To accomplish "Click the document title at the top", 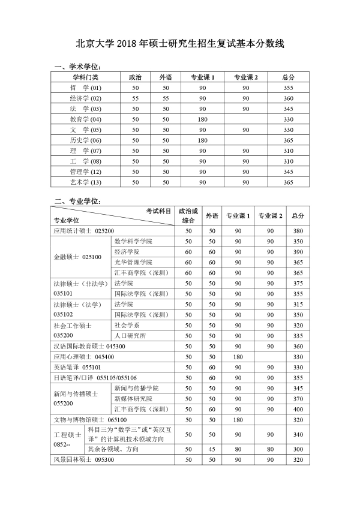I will click(180, 43).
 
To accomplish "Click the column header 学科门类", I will click(85, 77).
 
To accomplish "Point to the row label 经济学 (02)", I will click(85, 98).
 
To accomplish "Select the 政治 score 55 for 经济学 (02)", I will click(136, 98).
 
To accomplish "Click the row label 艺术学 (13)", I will click(85, 182).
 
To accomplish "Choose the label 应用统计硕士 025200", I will click(84, 230).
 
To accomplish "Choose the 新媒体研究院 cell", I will click(133, 398).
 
